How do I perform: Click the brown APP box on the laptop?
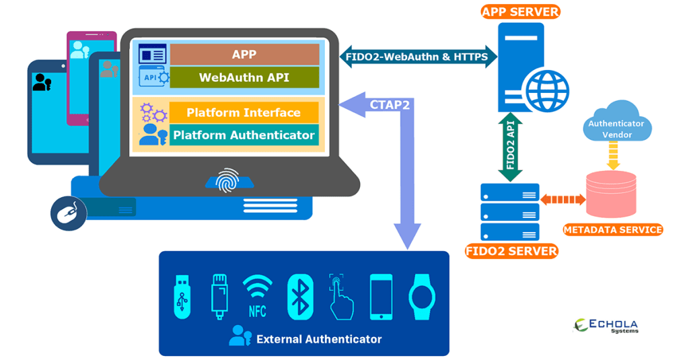(x=244, y=55)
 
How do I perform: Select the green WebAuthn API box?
(x=244, y=77)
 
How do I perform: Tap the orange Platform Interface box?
(x=244, y=112)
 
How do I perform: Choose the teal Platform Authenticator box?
(x=244, y=135)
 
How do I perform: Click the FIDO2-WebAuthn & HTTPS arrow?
(x=417, y=57)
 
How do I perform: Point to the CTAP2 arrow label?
(x=386, y=104)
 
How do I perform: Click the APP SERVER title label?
(x=521, y=11)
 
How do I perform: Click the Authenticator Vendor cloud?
(x=616, y=124)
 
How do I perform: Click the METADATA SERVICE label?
(x=612, y=230)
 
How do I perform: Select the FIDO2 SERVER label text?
(x=511, y=252)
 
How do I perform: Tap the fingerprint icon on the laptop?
(x=227, y=179)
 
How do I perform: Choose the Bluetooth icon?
(x=300, y=296)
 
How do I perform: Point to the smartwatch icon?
(x=422, y=296)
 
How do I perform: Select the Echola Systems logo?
(x=605, y=326)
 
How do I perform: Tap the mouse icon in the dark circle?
(x=69, y=213)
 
